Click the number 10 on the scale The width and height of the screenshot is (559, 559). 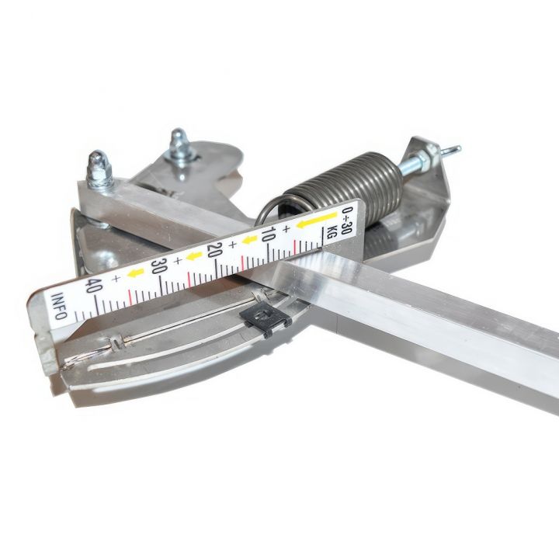click(x=268, y=234)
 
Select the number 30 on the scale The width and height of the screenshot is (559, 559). click(x=158, y=266)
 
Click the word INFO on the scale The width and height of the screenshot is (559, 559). click(x=59, y=306)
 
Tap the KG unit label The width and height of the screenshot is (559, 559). click(x=332, y=232)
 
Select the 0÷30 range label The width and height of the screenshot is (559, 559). click(x=345, y=220)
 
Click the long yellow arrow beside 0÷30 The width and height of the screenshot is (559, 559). click(x=317, y=220)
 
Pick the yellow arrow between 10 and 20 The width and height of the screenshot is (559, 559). click(x=249, y=240)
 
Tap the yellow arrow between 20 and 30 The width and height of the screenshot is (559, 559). click(x=194, y=256)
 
